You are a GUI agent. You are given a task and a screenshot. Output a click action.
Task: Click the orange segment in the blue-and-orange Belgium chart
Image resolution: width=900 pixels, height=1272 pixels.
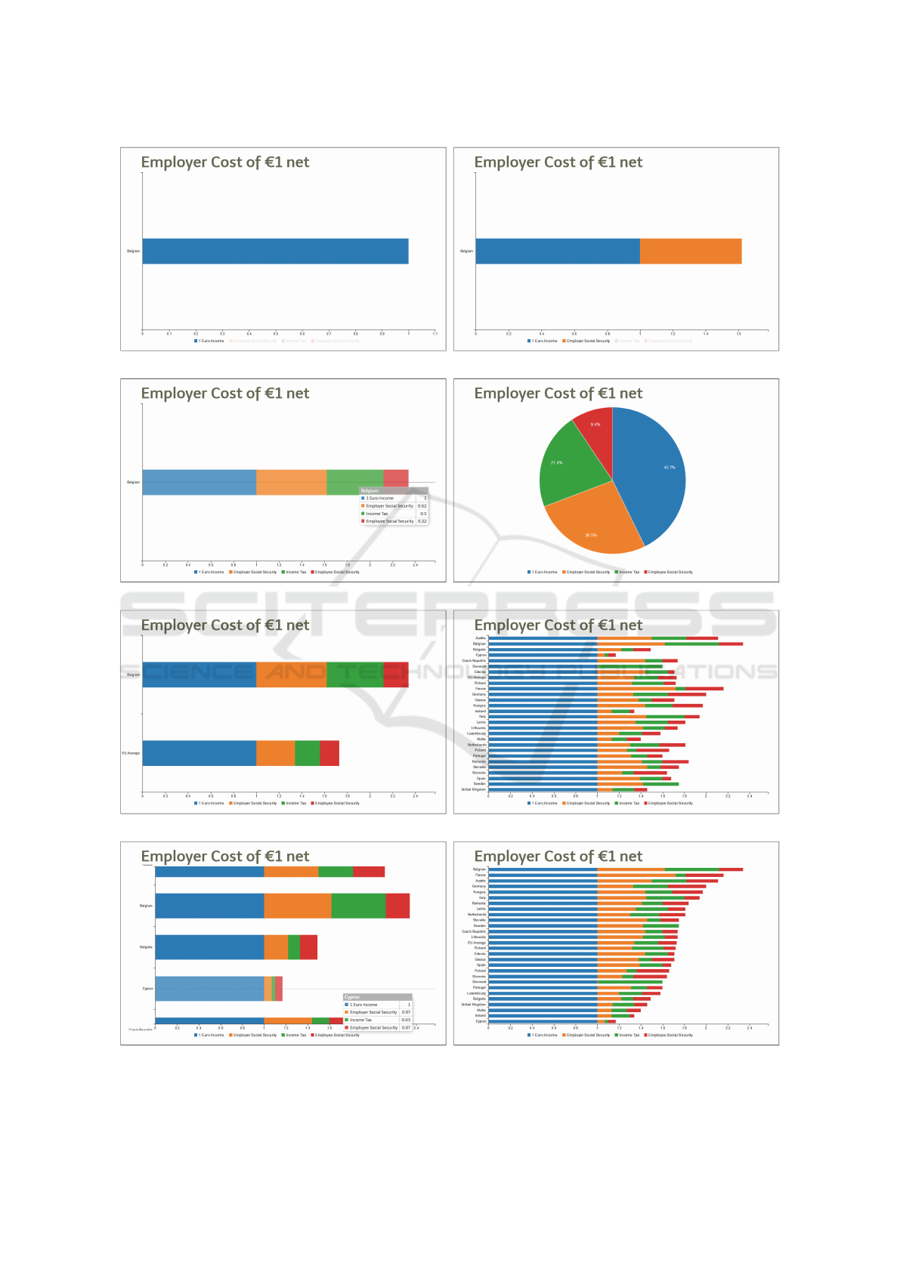(x=691, y=252)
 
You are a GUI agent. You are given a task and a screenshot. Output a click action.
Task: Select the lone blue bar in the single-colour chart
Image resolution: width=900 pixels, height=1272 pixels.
(x=275, y=252)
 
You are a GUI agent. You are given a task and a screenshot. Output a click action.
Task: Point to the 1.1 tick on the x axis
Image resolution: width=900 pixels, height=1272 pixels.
(x=435, y=334)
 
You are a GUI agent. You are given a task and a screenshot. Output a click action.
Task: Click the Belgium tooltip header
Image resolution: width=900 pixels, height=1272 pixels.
(x=394, y=491)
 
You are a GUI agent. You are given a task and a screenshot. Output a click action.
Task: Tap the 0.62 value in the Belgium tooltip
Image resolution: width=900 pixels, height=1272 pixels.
(x=422, y=506)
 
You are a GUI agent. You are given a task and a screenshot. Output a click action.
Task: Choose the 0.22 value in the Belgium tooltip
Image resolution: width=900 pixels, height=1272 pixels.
(x=422, y=521)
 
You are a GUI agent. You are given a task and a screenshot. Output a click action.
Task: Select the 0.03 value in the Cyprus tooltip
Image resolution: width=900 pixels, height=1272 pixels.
(x=406, y=1020)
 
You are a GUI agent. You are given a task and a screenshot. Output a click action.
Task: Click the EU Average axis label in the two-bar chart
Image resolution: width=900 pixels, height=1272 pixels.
(x=131, y=753)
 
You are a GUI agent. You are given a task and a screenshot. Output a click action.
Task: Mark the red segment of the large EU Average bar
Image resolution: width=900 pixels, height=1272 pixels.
(x=329, y=753)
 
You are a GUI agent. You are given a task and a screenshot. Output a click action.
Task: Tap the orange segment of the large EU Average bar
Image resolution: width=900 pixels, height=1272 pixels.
(x=275, y=753)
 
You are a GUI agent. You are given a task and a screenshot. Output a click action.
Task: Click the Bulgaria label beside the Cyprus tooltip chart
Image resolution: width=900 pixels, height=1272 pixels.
(x=146, y=947)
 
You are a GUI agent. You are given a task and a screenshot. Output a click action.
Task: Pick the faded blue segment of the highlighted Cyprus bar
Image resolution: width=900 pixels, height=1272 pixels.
(x=209, y=989)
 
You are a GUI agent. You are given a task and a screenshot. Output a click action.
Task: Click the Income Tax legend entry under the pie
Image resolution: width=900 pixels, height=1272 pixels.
(x=627, y=573)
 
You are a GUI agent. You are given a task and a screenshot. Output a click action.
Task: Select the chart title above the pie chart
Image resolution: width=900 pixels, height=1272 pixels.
(x=558, y=394)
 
